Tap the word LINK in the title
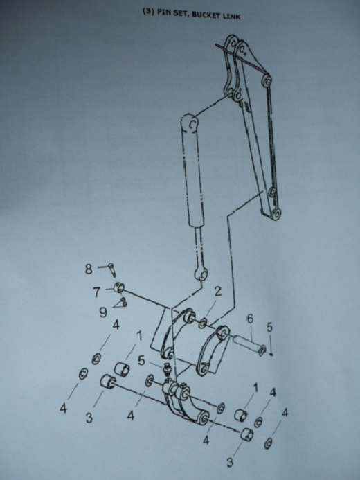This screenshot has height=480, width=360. coord(231,16)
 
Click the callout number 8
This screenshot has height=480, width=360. coord(89,269)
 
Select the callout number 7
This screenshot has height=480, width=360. coord(97,292)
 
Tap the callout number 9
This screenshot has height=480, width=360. coord(103,312)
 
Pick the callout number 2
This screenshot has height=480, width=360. coord(218,292)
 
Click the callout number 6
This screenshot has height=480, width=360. coord(250,319)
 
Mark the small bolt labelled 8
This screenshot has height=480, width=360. coord(112,269)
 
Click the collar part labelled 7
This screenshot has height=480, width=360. coord(118,288)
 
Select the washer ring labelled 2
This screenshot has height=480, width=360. coord(202,323)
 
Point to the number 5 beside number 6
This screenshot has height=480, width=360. coord(269,328)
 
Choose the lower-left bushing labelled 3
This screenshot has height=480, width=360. coord(108,382)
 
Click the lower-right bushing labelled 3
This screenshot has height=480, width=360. coord(247,434)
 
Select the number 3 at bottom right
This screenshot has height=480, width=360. coord(230,462)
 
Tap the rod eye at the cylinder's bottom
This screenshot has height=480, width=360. coord(202,274)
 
